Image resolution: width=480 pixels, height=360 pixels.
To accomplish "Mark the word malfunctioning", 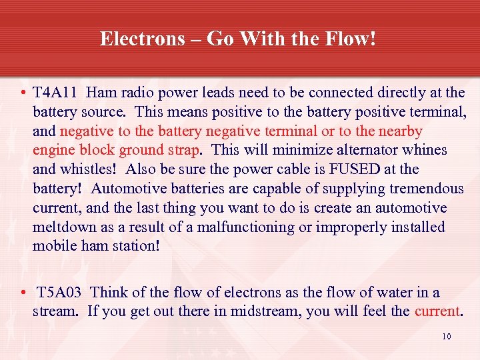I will click(237, 227).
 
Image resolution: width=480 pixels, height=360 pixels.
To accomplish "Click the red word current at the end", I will click(437, 311).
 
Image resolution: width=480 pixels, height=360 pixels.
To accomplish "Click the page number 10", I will click(447, 337).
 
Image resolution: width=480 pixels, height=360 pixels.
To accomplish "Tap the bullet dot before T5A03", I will click(23, 293).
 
